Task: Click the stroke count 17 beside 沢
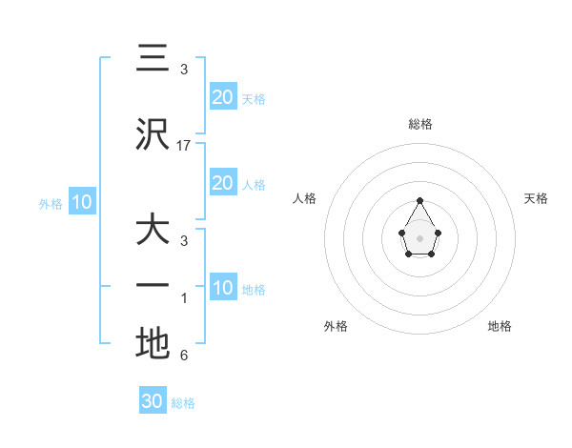(x=184, y=146)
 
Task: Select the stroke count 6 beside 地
(x=184, y=356)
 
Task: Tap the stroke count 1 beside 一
(x=184, y=299)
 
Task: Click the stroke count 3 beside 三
(x=184, y=70)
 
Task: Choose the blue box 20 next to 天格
(x=223, y=97)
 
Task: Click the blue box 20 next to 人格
(x=223, y=183)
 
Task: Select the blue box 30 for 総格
(x=153, y=401)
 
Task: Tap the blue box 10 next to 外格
(x=81, y=202)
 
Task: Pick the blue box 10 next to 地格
(x=223, y=288)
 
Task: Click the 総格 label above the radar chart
(x=420, y=124)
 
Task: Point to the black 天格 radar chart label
(x=536, y=198)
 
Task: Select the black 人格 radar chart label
(x=305, y=198)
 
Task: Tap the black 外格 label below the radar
(x=336, y=326)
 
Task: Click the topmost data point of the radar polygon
(x=420, y=200)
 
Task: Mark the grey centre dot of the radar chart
(x=420, y=237)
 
